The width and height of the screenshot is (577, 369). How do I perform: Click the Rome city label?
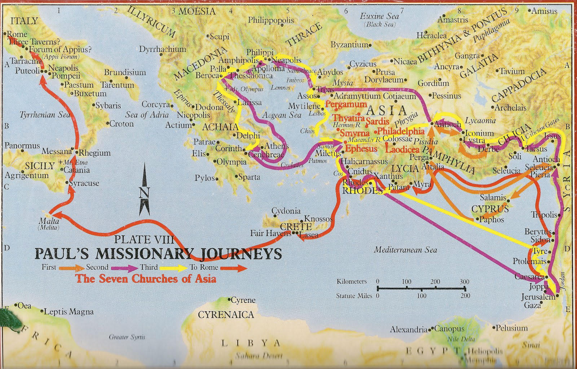click(x=17, y=34)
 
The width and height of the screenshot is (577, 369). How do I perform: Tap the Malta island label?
click(x=49, y=221)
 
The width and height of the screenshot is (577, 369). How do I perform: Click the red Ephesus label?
click(x=361, y=149)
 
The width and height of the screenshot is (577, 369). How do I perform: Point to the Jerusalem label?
click(x=538, y=297)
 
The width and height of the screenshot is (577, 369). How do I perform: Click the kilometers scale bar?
click(x=421, y=288)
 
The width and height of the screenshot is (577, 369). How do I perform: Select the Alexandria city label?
click(x=409, y=329)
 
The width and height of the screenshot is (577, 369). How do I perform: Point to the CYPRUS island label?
click(x=490, y=209)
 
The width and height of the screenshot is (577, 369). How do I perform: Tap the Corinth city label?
click(x=229, y=148)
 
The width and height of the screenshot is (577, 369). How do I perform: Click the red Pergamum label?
click(x=346, y=104)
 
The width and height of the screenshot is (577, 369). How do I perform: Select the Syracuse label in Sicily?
click(x=84, y=183)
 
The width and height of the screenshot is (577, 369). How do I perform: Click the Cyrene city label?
click(x=243, y=300)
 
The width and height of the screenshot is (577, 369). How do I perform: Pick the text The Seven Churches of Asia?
click(x=146, y=279)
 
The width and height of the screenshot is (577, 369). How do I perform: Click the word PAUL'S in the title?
click(x=62, y=254)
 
